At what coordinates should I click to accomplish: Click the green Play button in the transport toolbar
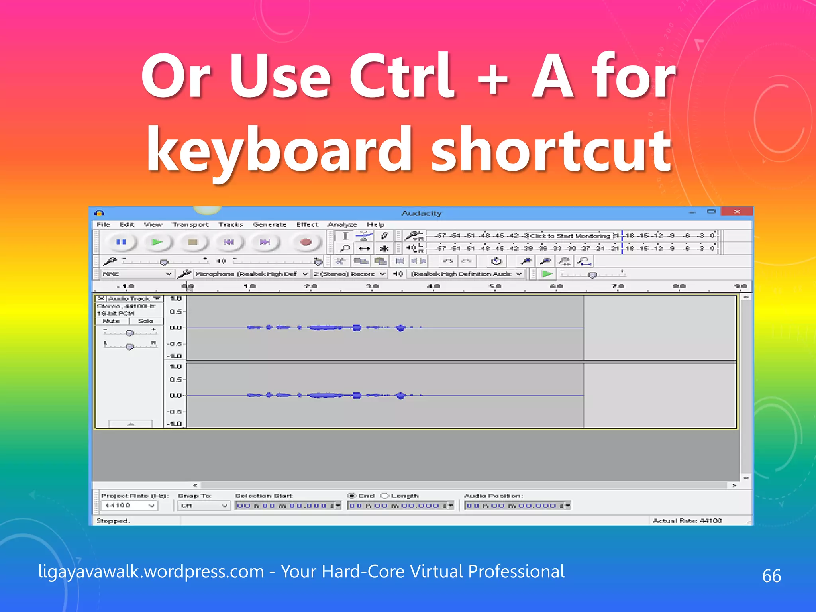point(157,242)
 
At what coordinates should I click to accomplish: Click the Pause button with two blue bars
point(121,242)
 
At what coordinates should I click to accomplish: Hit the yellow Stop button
point(193,242)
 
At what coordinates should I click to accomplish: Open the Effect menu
point(307,225)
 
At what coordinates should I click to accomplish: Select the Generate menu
point(269,225)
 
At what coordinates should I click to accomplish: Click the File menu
point(103,225)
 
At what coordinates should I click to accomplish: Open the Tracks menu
point(231,225)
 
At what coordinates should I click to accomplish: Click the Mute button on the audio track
point(112,321)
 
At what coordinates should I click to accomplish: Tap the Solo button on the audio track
point(145,321)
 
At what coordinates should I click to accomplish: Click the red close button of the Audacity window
point(737,212)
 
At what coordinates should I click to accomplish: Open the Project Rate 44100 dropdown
point(129,506)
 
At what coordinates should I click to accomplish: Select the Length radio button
point(385,496)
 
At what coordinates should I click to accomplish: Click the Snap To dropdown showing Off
point(204,506)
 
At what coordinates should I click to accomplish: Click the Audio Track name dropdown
point(134,299)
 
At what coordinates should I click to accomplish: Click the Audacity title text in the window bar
point(422,214)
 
